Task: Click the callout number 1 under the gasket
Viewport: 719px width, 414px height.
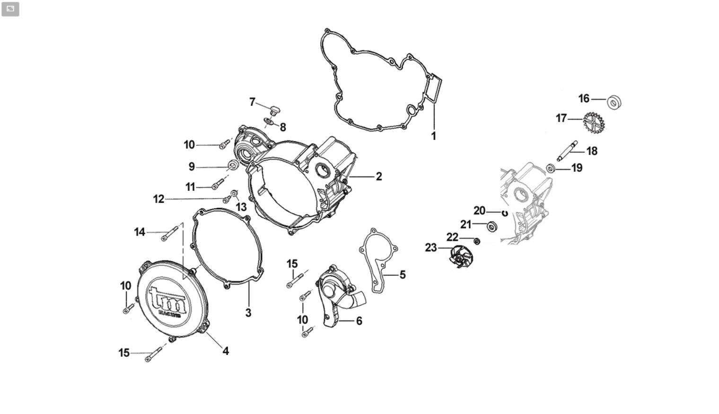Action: [434, 136]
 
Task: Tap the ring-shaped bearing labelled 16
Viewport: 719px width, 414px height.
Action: [614, 102]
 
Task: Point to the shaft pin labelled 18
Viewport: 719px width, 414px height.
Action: [567, 151]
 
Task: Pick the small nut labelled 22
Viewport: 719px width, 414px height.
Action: [477, 241]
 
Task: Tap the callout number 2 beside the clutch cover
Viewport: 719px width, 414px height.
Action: [379, 176]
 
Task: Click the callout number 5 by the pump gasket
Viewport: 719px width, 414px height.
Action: [403, 274]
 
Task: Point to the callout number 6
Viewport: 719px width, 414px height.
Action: [359, 321]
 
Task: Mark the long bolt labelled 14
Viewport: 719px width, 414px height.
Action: [169, 234]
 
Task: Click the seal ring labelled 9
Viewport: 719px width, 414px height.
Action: [233, 166]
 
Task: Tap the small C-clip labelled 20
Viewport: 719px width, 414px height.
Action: [505, 213]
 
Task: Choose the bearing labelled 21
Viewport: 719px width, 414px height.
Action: [492, 226]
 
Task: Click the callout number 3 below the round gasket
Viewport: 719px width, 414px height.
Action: [248, 312]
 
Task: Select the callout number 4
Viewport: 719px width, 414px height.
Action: [226, 351]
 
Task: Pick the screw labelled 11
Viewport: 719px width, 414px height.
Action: [217, 184]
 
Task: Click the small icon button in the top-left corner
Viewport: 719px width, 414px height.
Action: [10, 9]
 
